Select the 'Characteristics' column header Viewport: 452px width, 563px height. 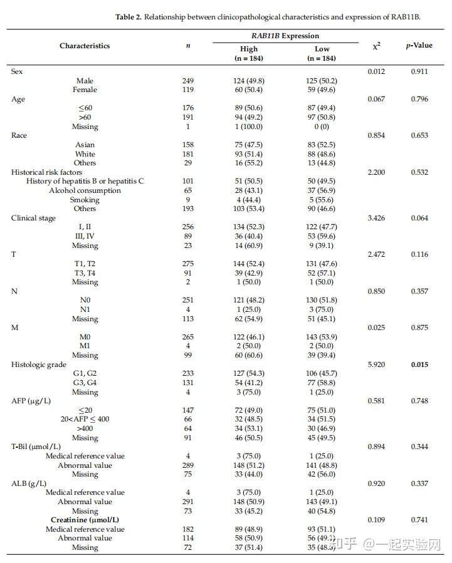(85, 46)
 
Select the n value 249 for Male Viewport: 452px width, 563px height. (188, 81)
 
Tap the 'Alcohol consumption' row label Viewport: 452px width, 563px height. (85, 190)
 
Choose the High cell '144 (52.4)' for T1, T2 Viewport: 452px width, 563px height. (249, 264)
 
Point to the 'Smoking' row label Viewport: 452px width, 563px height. (85, 200)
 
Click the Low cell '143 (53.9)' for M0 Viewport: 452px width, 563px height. (322, 337)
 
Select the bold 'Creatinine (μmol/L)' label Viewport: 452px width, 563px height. (85, 520)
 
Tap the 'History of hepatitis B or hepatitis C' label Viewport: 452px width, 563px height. (85, 182)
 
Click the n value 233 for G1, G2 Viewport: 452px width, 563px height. (188, 373)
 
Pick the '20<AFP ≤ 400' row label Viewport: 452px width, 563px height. (85, 419)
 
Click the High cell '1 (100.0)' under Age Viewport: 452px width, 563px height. (249, 127)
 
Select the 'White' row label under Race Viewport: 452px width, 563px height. (85, 154)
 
